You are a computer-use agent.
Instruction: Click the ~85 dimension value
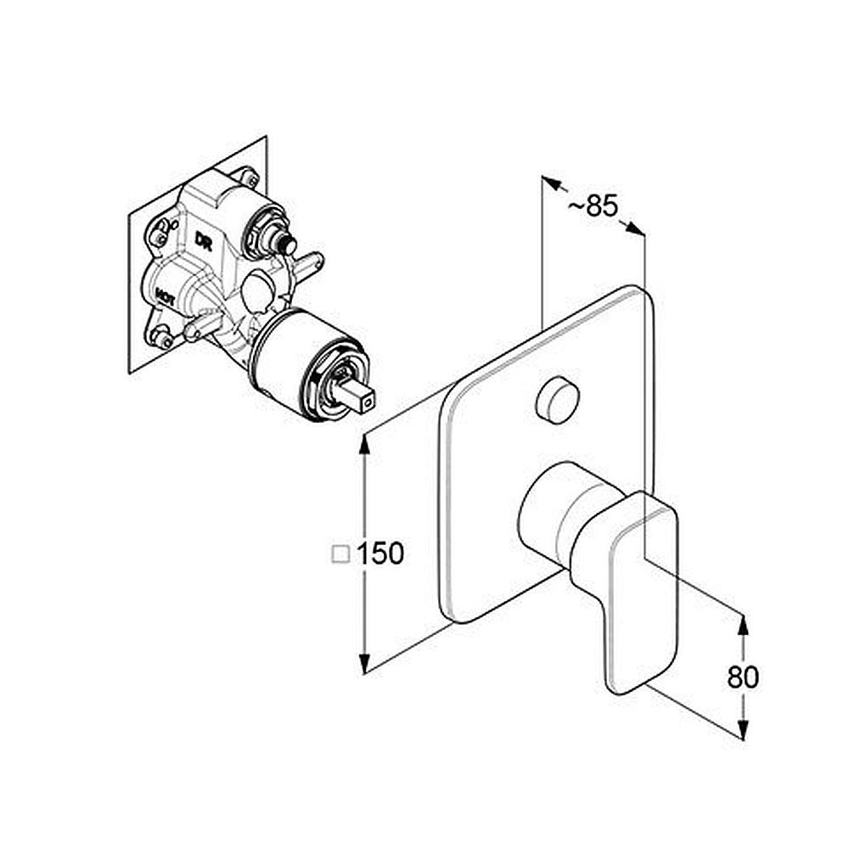point(593,205)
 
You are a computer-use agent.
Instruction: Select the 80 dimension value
point(743,677)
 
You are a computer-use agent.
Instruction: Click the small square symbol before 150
point(340,554)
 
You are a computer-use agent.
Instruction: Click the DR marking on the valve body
point(204,240)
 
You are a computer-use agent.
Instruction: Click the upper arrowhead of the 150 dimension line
point(365,443)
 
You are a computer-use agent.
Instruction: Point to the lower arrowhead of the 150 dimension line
point(365,663)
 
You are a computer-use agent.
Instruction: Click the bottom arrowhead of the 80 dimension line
point(744,728)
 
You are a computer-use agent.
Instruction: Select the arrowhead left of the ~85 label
point(551,183)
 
